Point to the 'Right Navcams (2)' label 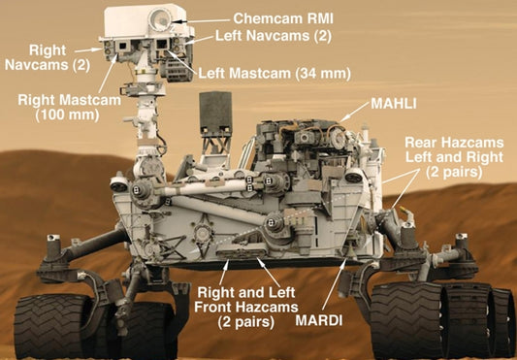tap(48, 56)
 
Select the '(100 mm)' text tap(62, 115)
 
